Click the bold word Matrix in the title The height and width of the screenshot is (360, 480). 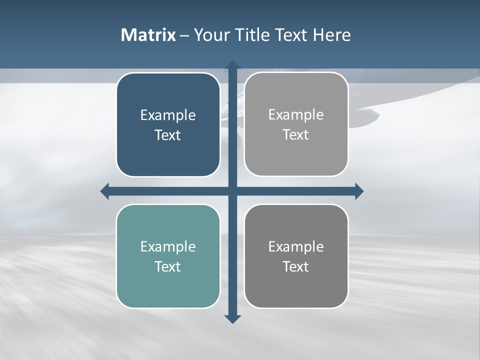tap(148, 35)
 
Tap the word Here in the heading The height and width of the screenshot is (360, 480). tap(332, 35)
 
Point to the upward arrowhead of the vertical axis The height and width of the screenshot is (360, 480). tap(232, 65)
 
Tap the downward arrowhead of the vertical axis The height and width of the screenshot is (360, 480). tap(232, 319)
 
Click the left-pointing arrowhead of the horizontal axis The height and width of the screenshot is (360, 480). tap(105, 191)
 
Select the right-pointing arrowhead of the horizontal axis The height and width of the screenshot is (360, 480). tap(359, 191)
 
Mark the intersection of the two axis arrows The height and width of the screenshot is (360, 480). tap(232, 191)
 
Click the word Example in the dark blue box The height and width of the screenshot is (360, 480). tap(168, 115)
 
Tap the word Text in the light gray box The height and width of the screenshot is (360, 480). tap(296, 135)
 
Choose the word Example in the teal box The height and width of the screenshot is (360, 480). tap(168, 247)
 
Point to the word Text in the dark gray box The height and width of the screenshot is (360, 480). tap(296, 266)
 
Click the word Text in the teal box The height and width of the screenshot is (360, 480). tap(168, 266)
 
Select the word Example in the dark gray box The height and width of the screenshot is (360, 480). tap(296, 247)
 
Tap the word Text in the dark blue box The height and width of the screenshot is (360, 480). tap(168, 135)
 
